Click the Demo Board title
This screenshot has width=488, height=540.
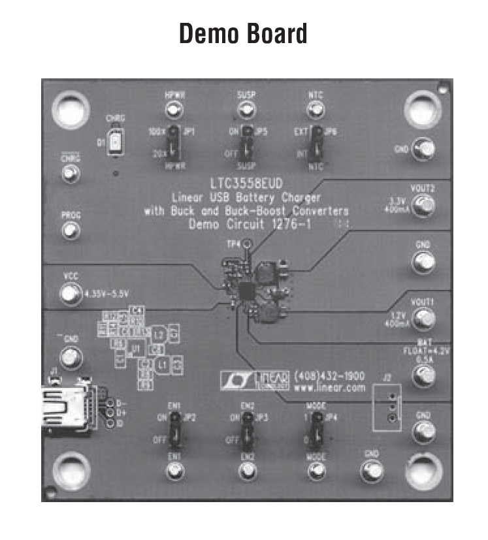(243, 34)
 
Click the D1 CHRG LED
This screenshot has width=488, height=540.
(116, 142)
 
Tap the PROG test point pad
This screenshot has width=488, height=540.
(70, 230)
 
